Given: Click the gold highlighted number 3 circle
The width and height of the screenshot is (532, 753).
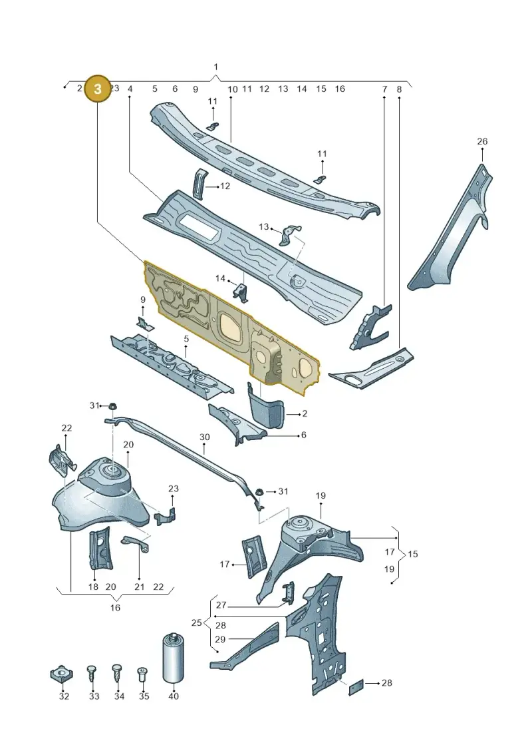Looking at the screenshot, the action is (x=97, y=89).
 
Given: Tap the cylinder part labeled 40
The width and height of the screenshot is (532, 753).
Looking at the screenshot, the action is (x=174, y=658).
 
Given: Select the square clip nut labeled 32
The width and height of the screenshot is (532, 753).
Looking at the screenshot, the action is (x=61, y=674).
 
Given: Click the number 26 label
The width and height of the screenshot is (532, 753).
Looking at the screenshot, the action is (x=482, y=141).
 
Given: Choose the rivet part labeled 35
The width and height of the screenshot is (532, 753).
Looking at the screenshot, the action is (x=142, y=674).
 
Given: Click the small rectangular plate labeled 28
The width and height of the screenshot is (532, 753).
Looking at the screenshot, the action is (x=356, y=686).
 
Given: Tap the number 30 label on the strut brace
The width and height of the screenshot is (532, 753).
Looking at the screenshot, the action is (x=204, y=437).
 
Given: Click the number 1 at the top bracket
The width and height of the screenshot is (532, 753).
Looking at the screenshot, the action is (x=216, y=67).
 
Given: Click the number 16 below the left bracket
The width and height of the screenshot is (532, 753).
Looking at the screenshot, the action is (x=115, y=607).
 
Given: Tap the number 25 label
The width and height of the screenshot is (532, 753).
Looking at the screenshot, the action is (x=196, y=623).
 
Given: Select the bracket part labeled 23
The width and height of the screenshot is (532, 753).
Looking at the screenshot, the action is (x=165, y=516).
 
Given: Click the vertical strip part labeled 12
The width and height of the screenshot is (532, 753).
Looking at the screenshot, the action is (x=199, y=182).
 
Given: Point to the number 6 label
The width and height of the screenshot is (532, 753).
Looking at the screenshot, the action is (x=303, y=435).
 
